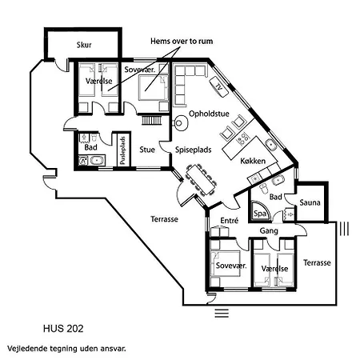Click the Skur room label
pos(84,45)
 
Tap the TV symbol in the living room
pos(219,86)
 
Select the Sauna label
pos(310,202)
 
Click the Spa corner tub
pos(261,212)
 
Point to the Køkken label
pos(253,161)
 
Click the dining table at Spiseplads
pos(201,179)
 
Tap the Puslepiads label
pos(122,150)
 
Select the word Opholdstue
pos(209,114)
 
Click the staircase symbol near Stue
pos(151,120)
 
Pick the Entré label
pos(230,220)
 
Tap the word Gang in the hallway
pos(269,230)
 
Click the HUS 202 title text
pos(63,329)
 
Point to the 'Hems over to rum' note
pos(182,42)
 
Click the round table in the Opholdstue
pos(181,123)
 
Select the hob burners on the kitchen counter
pos(242,138)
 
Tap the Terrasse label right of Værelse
pos(317,262)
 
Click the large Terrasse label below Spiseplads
pos(164,219)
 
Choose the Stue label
pos(147,150)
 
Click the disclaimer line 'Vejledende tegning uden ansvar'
pos(66,349)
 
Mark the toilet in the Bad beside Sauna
pos(264,189)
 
